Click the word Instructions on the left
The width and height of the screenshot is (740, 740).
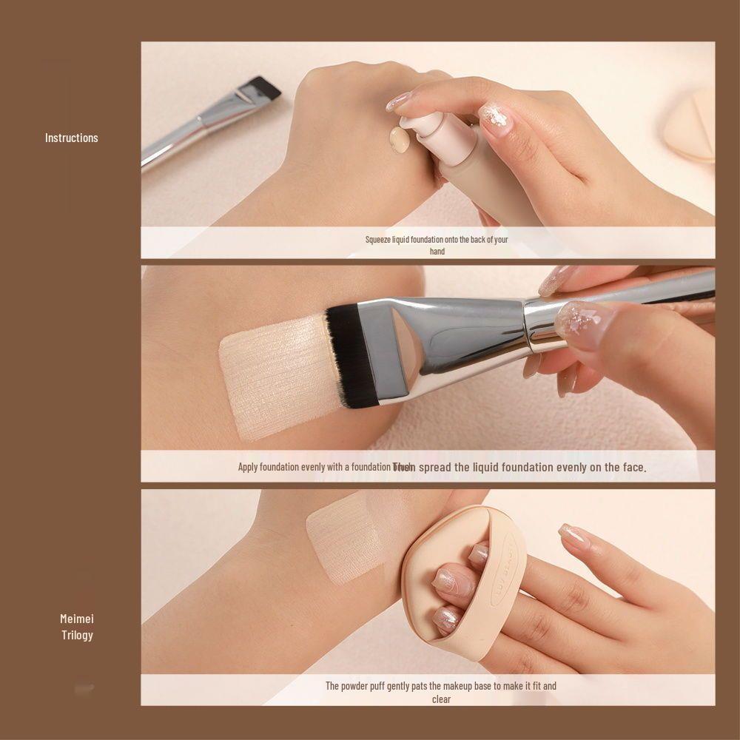71,138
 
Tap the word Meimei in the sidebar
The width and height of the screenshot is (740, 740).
77,619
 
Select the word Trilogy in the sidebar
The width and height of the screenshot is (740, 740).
77,635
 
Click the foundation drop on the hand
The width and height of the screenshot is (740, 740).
400,140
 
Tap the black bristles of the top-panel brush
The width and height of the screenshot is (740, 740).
265,87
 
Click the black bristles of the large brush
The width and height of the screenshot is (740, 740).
351,355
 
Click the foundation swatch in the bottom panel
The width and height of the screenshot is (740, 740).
344,540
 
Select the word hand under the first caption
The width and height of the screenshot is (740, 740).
437,252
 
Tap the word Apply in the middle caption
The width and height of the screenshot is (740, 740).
248,467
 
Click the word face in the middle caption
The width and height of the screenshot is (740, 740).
633,467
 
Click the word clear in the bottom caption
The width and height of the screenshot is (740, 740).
441,699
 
